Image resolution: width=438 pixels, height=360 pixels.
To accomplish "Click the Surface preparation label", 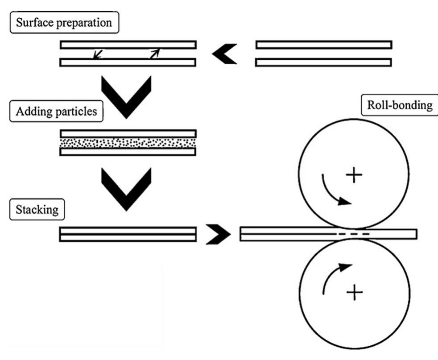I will [64, 22].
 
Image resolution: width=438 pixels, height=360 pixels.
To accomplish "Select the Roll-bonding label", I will [393, 105].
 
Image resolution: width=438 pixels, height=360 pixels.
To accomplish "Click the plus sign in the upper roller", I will [354, 176].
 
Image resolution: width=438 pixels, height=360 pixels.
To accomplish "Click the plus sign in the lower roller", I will [354, 293].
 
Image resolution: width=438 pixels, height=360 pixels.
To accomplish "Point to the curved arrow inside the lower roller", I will [333, 279].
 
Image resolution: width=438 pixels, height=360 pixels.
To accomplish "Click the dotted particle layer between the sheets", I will [128, 143].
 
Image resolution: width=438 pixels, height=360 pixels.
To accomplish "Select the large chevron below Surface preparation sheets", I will [126, 95].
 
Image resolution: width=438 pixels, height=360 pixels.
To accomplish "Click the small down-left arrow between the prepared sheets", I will [97, 54].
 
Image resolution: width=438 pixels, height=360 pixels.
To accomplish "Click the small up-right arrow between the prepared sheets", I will [154, 54].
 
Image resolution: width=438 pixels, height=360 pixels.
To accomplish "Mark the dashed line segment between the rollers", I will [352, 234].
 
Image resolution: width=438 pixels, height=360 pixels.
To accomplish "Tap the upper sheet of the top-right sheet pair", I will [324, 45].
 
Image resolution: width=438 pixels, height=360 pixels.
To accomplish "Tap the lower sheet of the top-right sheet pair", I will [324, 62].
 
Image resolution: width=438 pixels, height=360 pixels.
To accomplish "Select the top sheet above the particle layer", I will [128, 133].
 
